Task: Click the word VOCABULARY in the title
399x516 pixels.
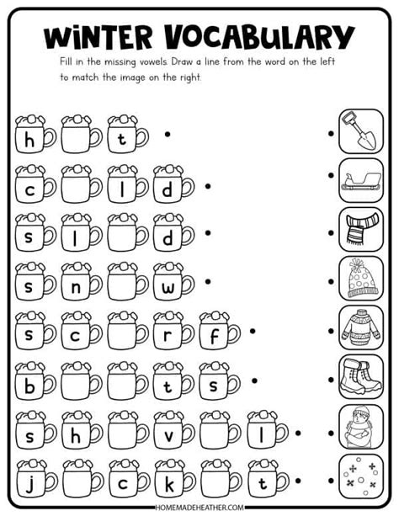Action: pyautogui.click(x=258, y=36)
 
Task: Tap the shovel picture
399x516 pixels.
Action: pyautogui.click(x=360, y=132)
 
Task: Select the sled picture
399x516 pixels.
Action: pyautogui.click(x=360, y=180)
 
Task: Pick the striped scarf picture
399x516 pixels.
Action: pyautogui.click(x=360, y=228)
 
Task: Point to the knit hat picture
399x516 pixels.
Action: pyautogui.click(x=360, y=277)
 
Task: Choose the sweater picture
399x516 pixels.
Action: pyautogui.click(x=360, y=327)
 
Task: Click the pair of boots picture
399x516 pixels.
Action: pyautogui.click(x=360, y=375)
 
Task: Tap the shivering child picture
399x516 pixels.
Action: pyautogui.click(x=360, y=425)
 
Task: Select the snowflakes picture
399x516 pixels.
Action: pyautogui.click(x=360, y=474)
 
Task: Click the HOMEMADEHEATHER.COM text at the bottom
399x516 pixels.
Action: pyautogui.click(x=199, y=508)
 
